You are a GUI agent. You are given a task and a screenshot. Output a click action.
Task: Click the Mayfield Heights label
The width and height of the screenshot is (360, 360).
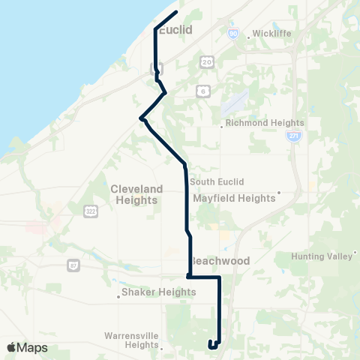click(x=235, y=199)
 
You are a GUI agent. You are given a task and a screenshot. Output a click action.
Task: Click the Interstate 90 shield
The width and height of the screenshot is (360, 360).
click(x=233, y=34)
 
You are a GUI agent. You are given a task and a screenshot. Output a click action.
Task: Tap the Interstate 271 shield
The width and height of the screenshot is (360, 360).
click(x=292, y=137)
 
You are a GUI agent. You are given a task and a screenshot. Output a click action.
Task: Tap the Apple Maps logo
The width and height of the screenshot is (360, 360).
click(x=27, y=347)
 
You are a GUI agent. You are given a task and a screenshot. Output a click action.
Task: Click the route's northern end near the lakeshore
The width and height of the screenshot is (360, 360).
click(x=175, y=13)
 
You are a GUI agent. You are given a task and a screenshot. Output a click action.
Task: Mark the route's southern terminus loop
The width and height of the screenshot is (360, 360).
click(x=213, y=345)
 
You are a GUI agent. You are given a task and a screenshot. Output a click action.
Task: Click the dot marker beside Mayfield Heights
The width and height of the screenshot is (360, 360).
click(x=279, y=192)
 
